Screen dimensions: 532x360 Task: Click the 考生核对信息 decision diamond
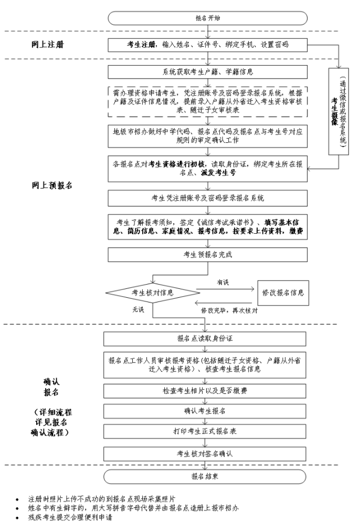click(x=152, y=292)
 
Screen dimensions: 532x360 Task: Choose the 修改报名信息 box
click(x=283, y=292)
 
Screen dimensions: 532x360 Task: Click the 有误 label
click(x=223, y=282)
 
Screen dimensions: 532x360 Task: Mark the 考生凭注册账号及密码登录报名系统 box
click(x=208, y=198)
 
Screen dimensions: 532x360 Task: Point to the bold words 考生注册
click(x=142, y=45)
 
